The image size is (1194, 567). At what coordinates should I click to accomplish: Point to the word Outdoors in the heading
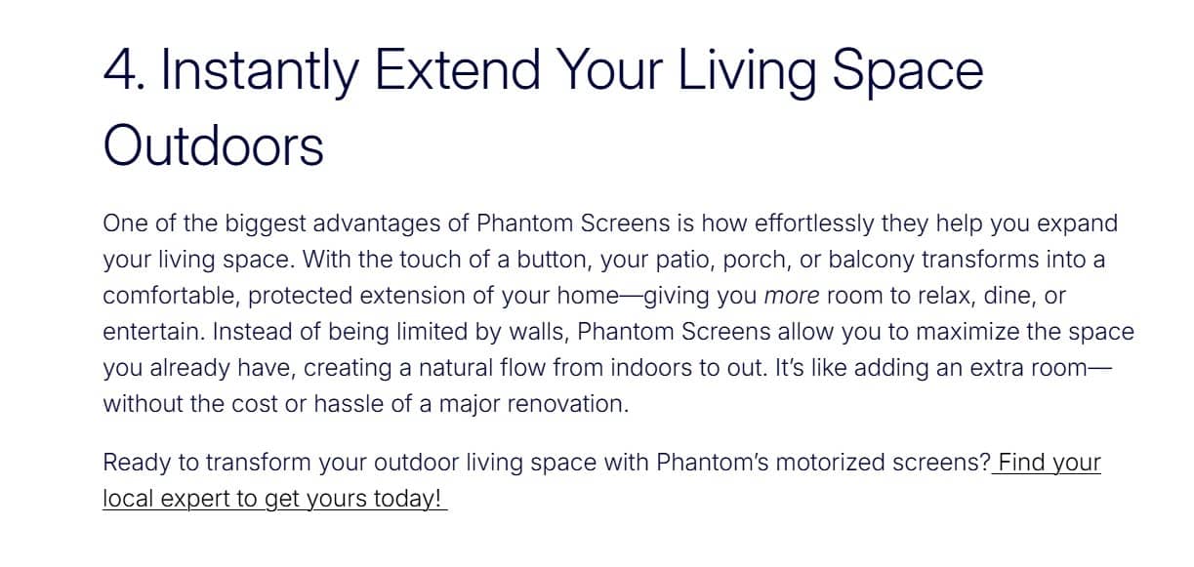[x=213, y=145]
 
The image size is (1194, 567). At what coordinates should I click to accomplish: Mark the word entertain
[x=153, y=332]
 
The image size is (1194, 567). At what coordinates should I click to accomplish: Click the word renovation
[x=567, y=404]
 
